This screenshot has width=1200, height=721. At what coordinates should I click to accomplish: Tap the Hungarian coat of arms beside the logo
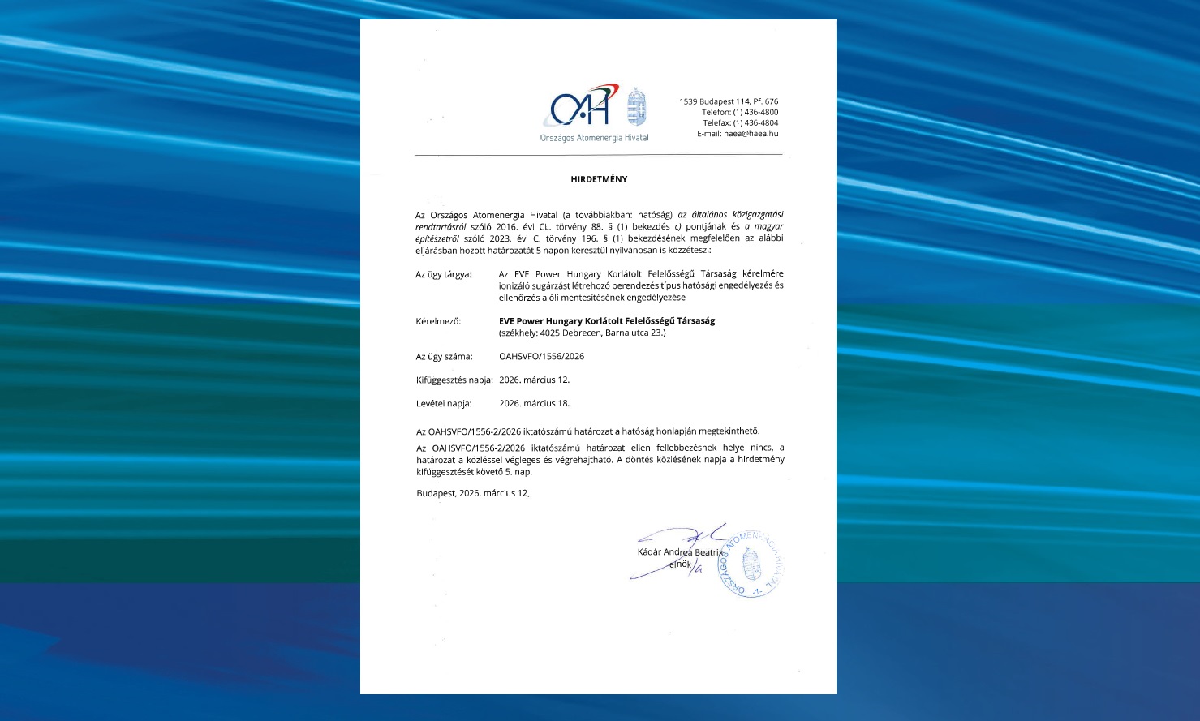click(637, 107)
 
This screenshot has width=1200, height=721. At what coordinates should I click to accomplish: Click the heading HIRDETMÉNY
click(599, 179)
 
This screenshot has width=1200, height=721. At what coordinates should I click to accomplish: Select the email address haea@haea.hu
click(751, 134)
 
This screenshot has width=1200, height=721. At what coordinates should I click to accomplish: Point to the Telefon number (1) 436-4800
click(755, 112)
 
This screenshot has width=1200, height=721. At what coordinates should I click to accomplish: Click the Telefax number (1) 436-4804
click(755, 123)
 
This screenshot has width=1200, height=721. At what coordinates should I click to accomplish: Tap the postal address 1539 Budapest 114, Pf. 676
click(729, 101)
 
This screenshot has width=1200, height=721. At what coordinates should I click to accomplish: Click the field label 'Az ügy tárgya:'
click(443, 274)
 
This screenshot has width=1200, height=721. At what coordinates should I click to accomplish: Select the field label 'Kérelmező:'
click(438, 321)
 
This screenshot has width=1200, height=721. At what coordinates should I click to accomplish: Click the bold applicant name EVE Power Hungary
click(607, 321)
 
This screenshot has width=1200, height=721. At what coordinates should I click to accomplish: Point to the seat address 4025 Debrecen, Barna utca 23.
click(582, 333)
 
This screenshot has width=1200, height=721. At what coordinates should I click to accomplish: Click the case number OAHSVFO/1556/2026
click(541, 356)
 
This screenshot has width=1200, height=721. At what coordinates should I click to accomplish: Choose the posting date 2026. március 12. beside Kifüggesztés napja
click(534, 380)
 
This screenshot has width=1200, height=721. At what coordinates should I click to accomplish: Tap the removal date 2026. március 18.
click(534, 403)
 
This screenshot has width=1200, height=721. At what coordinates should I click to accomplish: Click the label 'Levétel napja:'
click(444, 403)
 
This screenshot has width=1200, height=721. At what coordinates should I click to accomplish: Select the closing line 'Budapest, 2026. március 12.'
click(472, 493)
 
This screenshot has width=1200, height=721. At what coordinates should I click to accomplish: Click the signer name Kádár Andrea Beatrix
click(679, 552)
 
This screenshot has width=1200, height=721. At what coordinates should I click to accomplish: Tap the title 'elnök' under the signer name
click(679, 564)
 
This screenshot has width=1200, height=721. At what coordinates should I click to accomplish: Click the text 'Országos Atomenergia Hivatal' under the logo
click(594, 138)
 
